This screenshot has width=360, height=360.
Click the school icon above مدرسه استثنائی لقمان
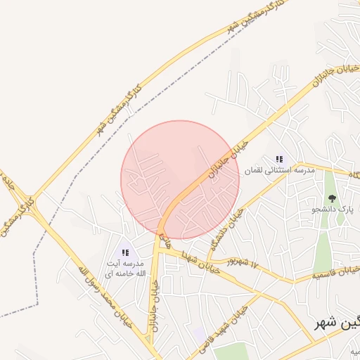(x=279, y=160)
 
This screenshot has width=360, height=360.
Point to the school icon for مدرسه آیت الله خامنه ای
(x=125, y=252)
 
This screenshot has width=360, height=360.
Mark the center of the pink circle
(x=180, y=179)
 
